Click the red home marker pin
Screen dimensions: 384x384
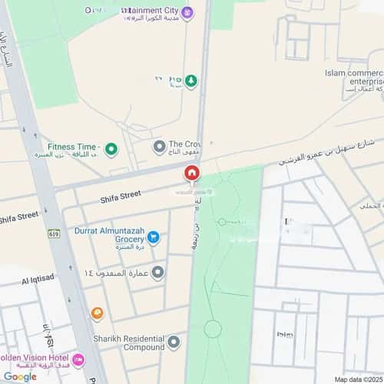191,174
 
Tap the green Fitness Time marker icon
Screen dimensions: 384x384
111,148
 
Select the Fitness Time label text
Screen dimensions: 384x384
74,147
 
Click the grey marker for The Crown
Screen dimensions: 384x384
159,146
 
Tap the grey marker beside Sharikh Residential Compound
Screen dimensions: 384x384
174,342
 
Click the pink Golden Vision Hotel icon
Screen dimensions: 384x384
78,360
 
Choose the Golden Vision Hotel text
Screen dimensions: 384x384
34,359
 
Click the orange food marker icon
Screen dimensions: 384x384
98,313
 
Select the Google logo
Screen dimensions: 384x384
19,376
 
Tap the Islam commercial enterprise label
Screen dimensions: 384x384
353,78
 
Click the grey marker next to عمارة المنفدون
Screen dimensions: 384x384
157,273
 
